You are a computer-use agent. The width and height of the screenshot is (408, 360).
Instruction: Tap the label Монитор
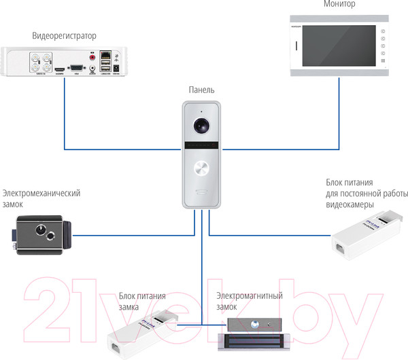[340, 4]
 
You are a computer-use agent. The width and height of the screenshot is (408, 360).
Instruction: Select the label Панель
[202, 90]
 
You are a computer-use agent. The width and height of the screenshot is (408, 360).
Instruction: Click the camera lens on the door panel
[202, 126]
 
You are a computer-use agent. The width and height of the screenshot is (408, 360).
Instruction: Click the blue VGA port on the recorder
[76, 67]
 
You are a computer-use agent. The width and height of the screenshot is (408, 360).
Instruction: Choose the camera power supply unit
[366, 234]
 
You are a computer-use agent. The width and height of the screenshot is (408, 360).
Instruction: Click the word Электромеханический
[41, 193]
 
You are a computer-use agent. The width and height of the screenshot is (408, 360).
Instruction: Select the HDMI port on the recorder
[59, 69]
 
